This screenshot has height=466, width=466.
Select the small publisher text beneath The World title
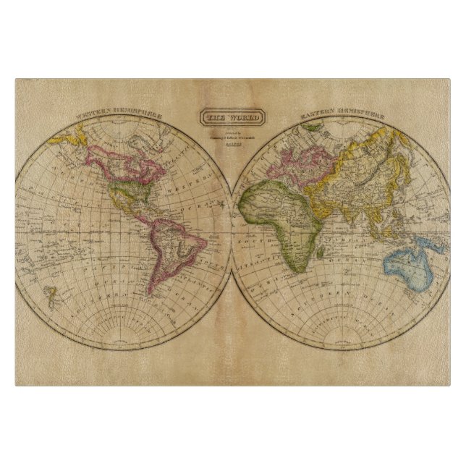pyautogui.click(x=232, y=137)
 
